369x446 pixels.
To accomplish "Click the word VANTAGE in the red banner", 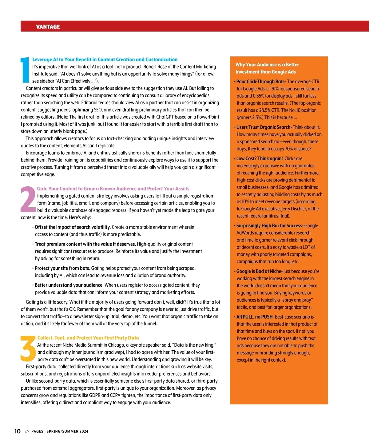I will pyautogui.click(x=48, y=27).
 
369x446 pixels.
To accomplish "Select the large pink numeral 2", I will pyautogui.click(x=28, y=199).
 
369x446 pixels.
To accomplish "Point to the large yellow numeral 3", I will pyautogui.click(x=28, y=348).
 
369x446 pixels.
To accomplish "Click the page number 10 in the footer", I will pyautogui.click(x=18, y=431).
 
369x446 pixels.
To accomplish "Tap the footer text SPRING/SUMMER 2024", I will pyautogui.click(x=67, y=432).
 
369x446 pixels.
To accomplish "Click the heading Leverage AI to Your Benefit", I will pyautogui.click(x=105, y=59).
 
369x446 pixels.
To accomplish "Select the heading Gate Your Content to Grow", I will pyautogui.click(x=113, y=189).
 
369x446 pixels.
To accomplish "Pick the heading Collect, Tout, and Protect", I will pyautogui.click(x=88, y=338).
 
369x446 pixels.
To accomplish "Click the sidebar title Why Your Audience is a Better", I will pyautogui.click(x=267, y=65).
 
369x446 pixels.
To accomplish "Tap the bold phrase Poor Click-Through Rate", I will pyautogui.click(x=260, y=82).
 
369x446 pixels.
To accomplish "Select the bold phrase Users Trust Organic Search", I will pyautogui.click(x=263, y=127).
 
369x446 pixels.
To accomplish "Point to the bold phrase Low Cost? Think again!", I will pyautogui.click(x=259, y=158).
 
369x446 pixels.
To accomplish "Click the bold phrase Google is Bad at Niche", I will pyautogui.click(x=259, y=271).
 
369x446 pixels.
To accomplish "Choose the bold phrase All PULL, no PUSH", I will pyautogui.click(x=254, y=317).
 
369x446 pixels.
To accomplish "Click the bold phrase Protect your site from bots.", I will pyautogui.click(x=62, y=268).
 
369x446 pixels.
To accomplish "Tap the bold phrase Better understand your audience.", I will pyautogui.click(x=69, y=285).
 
